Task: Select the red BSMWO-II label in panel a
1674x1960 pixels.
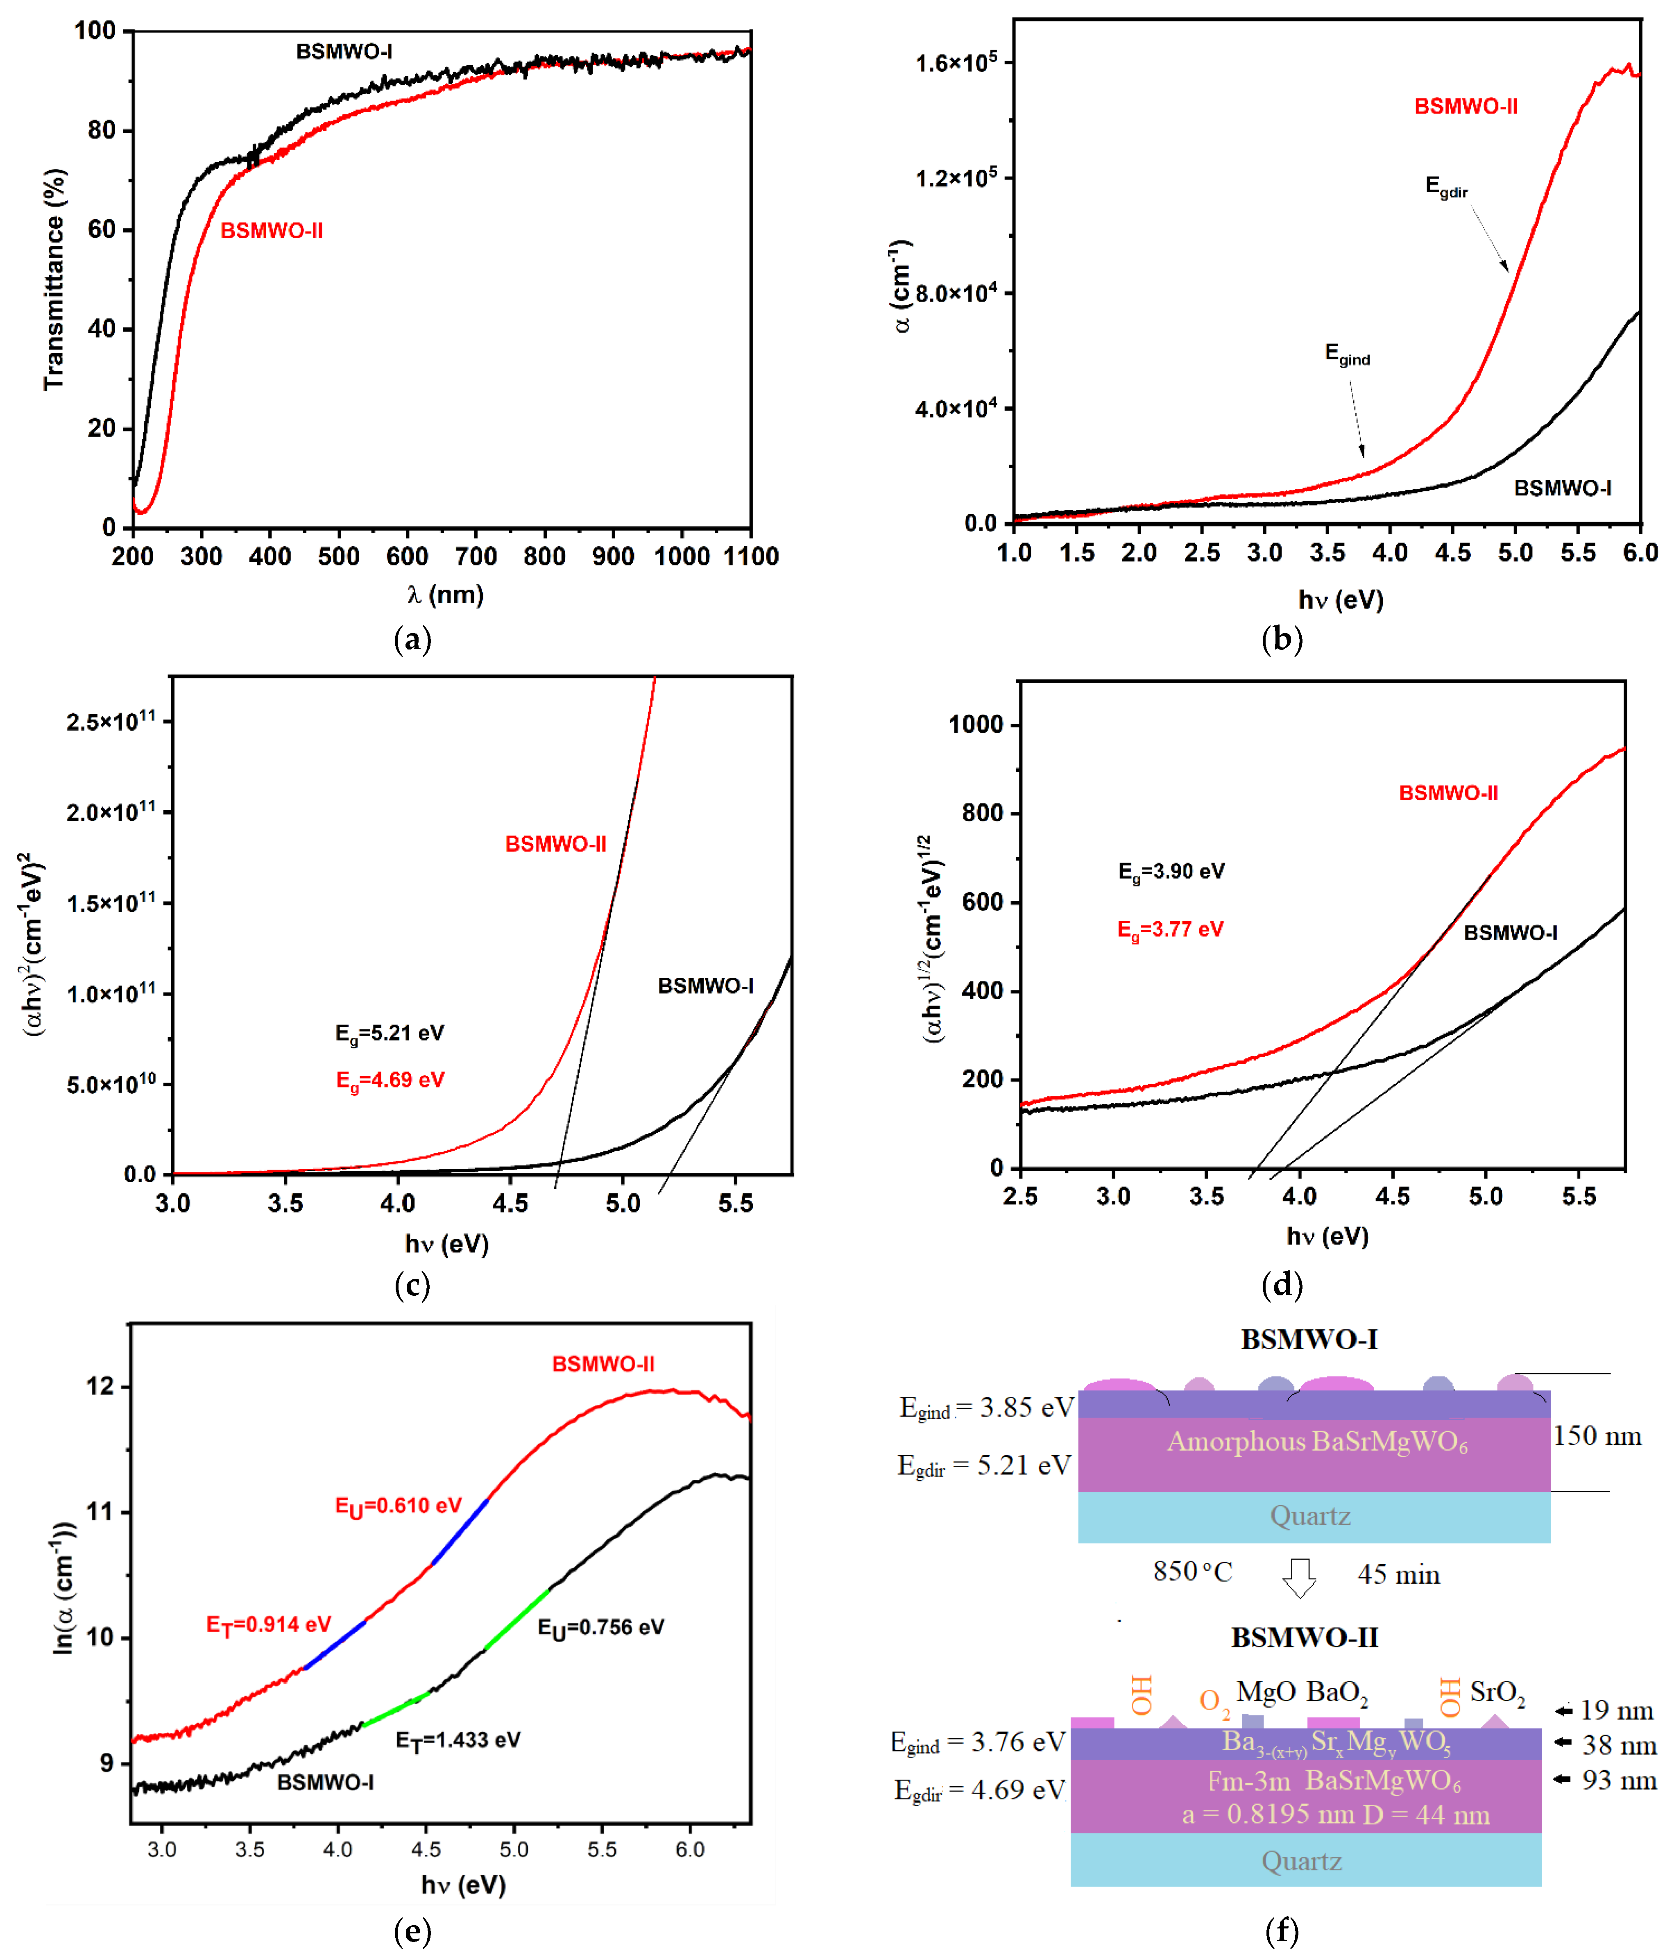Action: pos(272,231)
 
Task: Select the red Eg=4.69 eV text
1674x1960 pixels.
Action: pos(390,1080)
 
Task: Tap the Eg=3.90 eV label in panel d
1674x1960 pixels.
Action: pos(1171,871)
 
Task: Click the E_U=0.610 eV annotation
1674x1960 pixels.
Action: pos(398,1506)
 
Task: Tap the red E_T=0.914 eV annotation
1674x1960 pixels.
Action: pos(269,1625)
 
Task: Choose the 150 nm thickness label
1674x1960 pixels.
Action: pos(1597,1436)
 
